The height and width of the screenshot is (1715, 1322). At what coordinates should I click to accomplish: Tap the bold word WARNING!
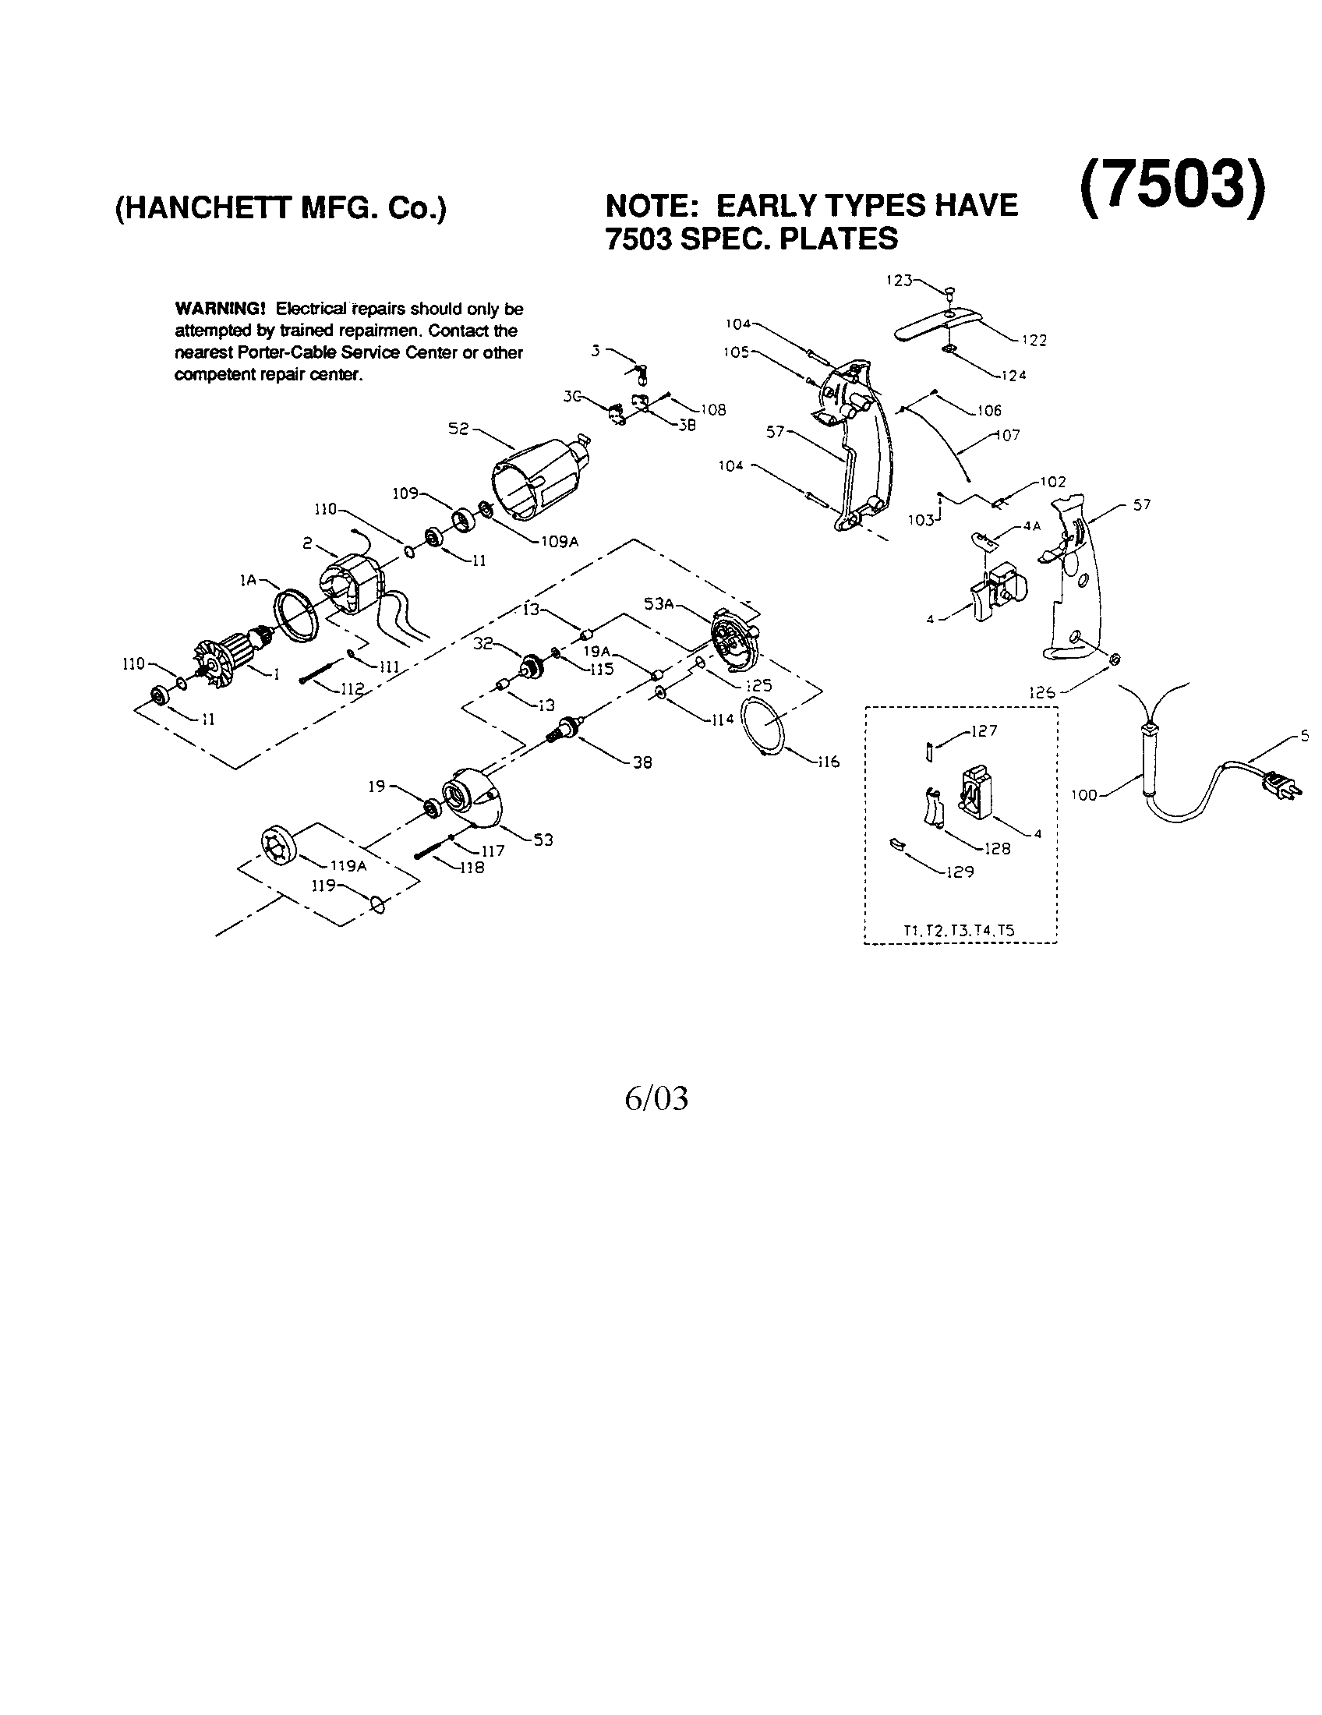[x=221, y=309]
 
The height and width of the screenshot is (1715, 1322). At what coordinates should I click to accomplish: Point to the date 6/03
[x=656, y=1098]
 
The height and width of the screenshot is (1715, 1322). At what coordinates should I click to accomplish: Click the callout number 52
[x=458, y=430]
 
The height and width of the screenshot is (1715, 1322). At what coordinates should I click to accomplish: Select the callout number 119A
[x=348, y=866]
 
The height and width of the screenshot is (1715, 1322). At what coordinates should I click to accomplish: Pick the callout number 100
[x=1083, y=795]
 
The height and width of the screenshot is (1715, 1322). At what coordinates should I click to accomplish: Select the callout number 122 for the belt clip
[x=1034, y=340]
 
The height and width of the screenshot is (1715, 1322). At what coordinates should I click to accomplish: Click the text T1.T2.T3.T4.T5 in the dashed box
[x=960, y=931]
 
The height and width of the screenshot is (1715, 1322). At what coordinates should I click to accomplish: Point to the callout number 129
[x=960, y=872]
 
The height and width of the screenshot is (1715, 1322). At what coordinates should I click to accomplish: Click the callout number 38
[x=642, y=762]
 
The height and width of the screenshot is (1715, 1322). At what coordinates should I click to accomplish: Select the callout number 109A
[x=559, y=541]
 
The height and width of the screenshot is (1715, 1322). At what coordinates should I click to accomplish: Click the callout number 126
[x=1041, y=692]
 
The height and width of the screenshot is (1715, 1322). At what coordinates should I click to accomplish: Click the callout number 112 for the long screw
[x=352, y=688]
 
